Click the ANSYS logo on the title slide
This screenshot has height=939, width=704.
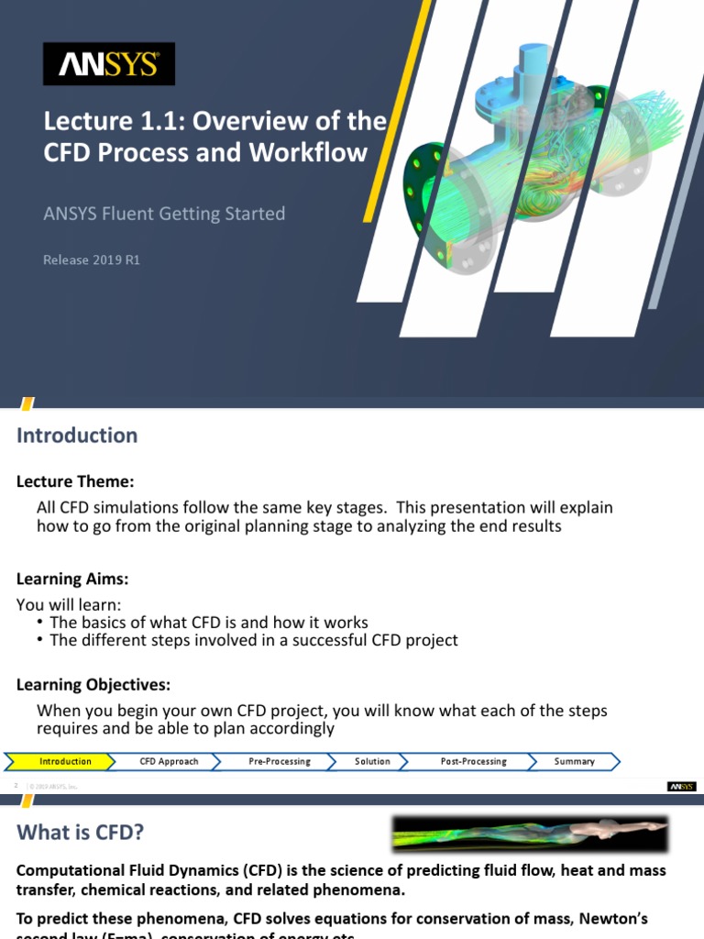point(109,64)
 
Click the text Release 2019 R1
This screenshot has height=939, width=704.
point(92,260)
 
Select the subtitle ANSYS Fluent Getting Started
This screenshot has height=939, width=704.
point(165,214)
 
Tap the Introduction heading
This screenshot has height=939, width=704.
point(77,436)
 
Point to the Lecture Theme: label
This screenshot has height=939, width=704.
point(75,481)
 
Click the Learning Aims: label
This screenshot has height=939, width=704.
point(72,579)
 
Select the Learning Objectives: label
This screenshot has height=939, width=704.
point(93,685)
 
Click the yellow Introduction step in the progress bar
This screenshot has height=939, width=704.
point(64,761)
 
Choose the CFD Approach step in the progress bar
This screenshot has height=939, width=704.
point(169,761)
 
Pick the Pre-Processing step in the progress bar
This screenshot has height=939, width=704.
point(280,761)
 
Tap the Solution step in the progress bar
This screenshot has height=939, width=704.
point(372,761)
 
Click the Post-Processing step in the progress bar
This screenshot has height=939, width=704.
point(473,761)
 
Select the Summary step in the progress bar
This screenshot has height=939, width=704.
point(574,761)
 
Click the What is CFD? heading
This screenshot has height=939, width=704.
point(81,833)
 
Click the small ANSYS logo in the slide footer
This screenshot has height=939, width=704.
point(681,786)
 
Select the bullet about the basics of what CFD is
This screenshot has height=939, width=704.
point(208,622)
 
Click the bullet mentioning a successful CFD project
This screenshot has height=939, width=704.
point(253,640)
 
